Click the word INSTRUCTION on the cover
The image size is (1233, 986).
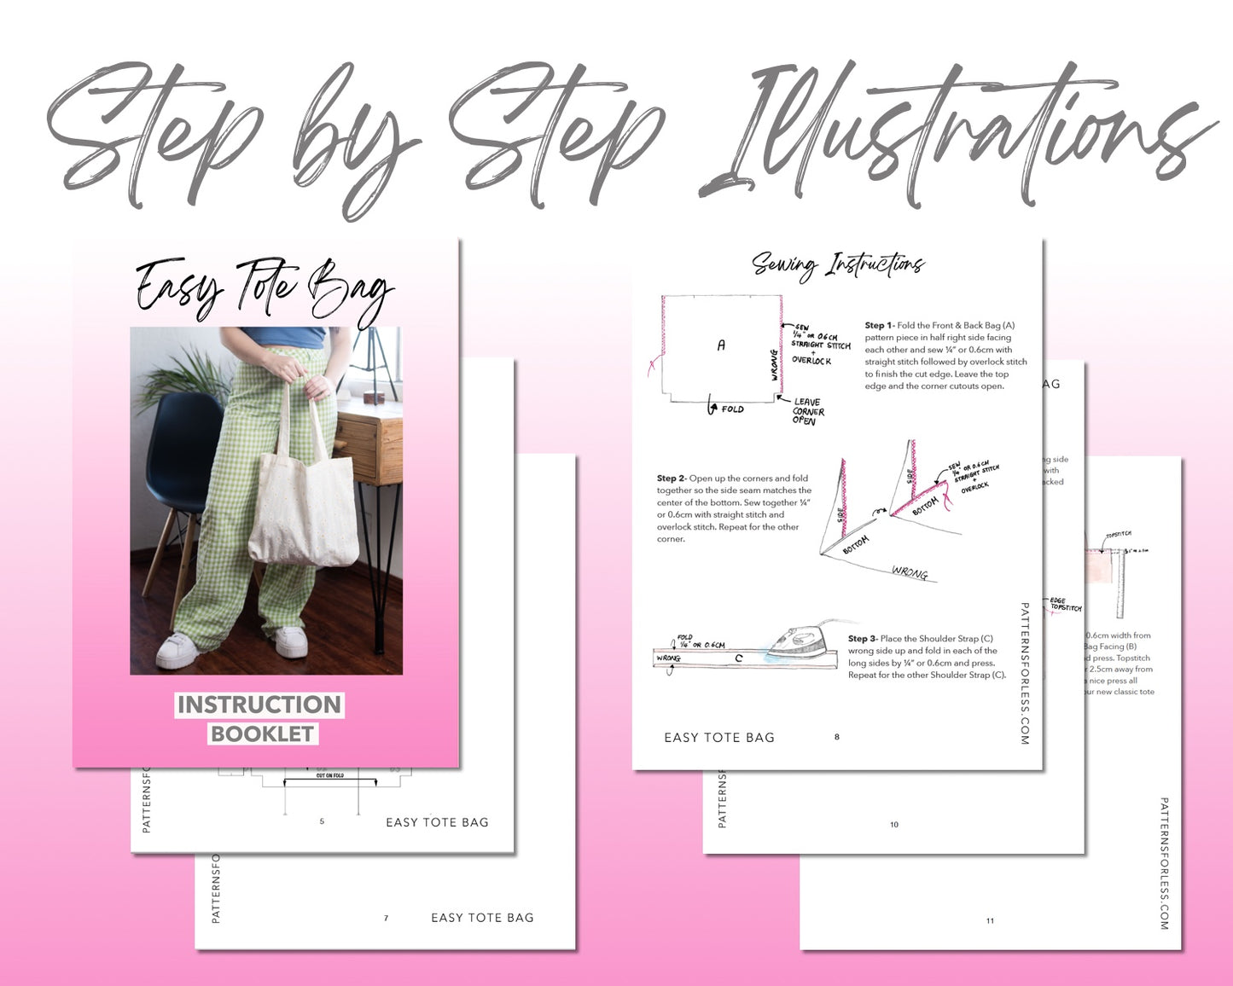point(259,705)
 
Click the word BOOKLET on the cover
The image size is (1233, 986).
point(263,734)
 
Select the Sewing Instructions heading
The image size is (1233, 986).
point(838,265)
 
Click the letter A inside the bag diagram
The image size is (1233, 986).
point(721,345)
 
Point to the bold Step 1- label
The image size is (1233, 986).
point(879,326)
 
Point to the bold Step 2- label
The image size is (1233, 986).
point(672,478)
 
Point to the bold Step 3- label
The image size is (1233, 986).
point(863,639)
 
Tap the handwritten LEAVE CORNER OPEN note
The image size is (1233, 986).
point(806,411)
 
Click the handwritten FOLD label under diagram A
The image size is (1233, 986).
point(731,409)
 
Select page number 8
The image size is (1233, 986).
point(836,737)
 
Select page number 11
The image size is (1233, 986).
point(990,921)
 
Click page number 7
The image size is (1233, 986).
point(386,919)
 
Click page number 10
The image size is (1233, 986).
point(894,825)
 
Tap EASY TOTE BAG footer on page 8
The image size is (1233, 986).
point(719,738)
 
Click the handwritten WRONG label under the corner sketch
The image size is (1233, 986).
point(909,572)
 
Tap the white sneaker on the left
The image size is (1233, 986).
point(178,652)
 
